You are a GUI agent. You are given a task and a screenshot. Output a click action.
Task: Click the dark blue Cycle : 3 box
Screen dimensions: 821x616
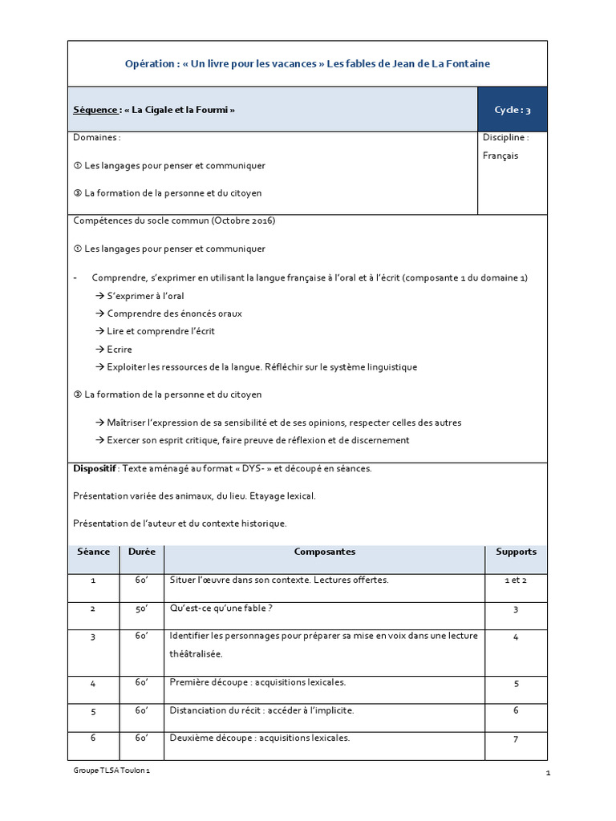[x=513, y=110]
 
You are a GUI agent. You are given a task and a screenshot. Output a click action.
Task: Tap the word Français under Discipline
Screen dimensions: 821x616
[x=500, y=156]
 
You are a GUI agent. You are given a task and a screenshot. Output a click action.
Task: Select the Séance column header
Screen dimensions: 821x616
[x=94, y=552]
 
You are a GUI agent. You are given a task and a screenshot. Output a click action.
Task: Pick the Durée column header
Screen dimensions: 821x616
[x=142, y=552]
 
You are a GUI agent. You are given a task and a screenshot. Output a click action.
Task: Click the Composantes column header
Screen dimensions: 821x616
[x=324, y=552]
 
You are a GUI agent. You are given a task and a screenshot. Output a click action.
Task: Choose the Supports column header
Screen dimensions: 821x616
[x=516, y=552]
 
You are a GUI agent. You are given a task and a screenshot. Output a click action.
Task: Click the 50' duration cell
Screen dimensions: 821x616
[x=142, y=609]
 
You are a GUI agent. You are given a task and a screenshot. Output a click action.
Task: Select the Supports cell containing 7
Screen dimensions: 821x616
[x=516, y=739]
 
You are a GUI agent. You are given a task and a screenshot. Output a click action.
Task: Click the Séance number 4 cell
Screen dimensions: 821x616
[x=94, y=682]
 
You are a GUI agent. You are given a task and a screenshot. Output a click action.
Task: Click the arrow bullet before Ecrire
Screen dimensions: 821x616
[x=99, y=350]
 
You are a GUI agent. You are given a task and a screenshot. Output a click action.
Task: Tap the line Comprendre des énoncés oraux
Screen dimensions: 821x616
[x=174, y=313]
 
